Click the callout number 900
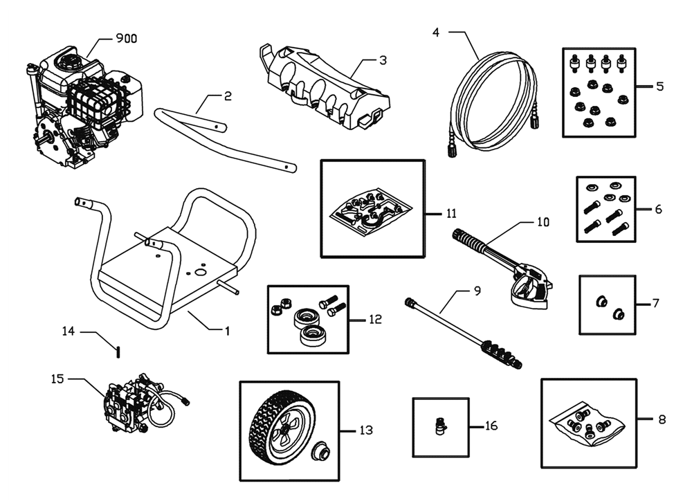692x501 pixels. click(126, 39)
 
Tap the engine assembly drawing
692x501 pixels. click(84, 107)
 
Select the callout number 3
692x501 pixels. click(383, 60)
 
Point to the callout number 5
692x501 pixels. click(659, 86)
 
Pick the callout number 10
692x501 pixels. click(543, 222)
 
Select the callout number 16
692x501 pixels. click(491, 426)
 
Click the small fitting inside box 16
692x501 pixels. click(440, 426)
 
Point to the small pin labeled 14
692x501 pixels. click(118, 352)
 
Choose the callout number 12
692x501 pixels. click(375, 320)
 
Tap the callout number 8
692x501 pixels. click(662, 419)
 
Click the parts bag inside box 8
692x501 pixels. click(587, 424)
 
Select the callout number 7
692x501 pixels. click(655, 303)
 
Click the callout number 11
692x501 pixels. click(451, 214)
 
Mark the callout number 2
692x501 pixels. click(228, 95)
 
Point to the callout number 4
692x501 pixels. click(435, 33)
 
